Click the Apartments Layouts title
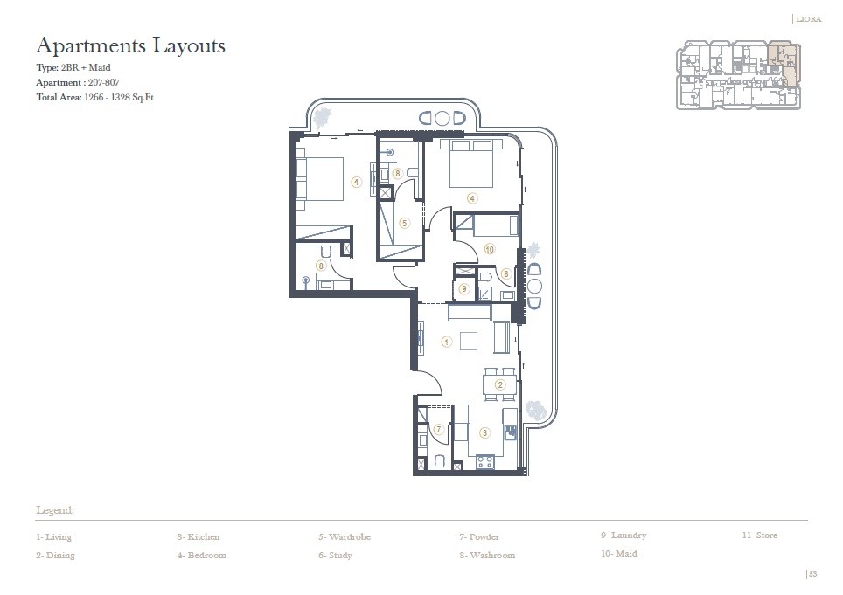(130, 45)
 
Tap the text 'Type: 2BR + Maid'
(73, 67)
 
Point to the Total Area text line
(95, 98)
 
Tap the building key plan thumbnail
(738, 75)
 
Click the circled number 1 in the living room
(446, 342)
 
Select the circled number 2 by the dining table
(500, 384)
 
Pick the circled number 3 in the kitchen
(484, 432)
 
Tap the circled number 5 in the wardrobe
(403, 223)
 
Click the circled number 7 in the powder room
(438, 429)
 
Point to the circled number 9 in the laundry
(464, 288)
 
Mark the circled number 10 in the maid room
(489, 249)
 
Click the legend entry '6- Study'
(335, 556)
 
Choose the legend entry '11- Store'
(759, 536)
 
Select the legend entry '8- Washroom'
(486, 556)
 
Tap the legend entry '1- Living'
(53, 537)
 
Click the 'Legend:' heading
(55, 509)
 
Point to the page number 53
(812, 574)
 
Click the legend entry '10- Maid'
(618, 554)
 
